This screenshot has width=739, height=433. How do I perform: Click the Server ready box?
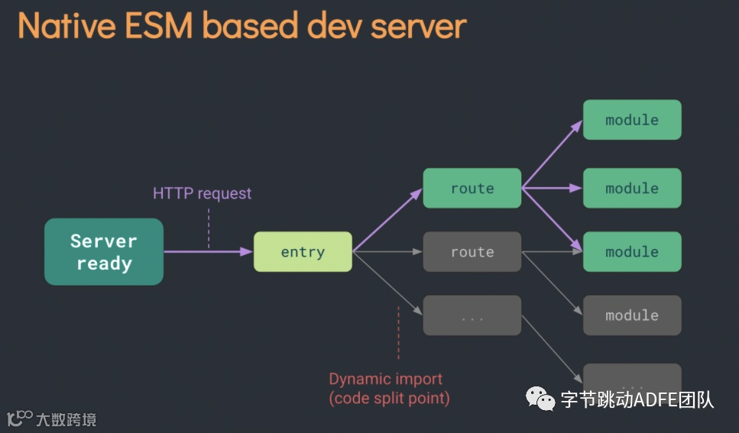point(104,252)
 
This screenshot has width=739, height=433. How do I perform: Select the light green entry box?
point(303,252)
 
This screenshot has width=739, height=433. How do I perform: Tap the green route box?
point(472,189)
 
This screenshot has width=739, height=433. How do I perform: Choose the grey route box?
point(472,252)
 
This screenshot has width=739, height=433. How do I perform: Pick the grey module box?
point(632,315)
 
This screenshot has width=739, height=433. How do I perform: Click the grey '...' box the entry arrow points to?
point(472,315)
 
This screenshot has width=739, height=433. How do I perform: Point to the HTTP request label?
point(202,193)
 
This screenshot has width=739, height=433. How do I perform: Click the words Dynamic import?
point(385,379)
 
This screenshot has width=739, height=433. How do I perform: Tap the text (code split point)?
point(389,398)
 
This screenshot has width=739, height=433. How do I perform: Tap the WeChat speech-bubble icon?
point(540,399)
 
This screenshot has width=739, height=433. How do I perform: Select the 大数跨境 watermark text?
point(66,419)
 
